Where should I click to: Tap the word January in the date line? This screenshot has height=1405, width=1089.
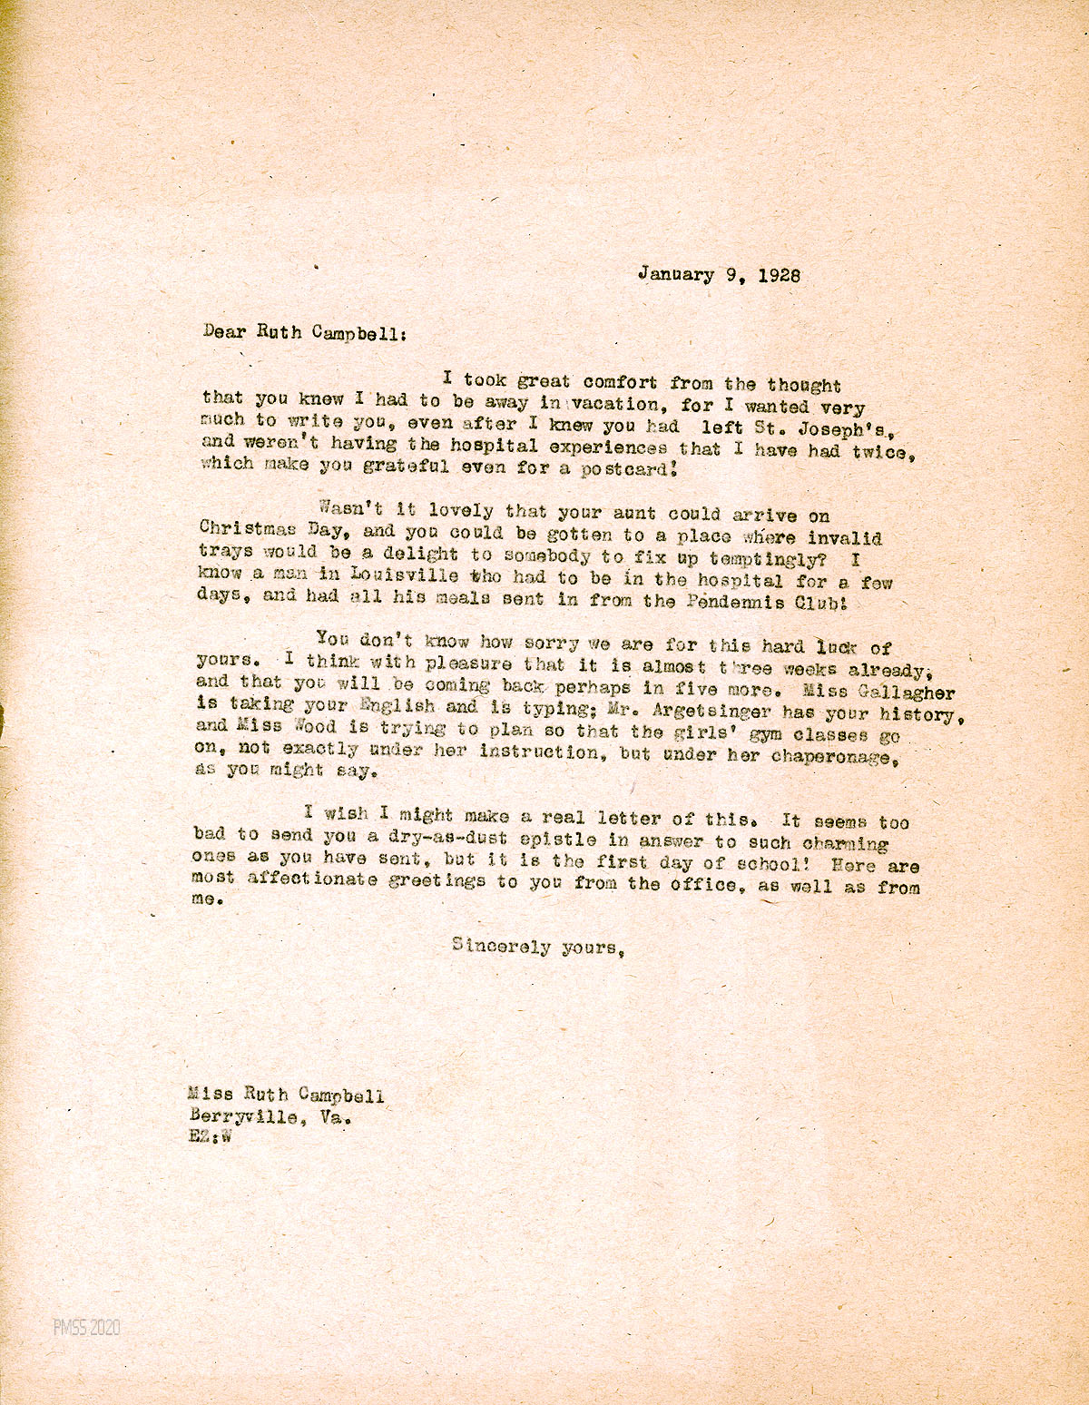(x=675, y=273)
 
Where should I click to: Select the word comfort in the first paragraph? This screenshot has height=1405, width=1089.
(x=621, y=382)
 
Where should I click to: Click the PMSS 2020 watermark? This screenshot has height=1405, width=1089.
(x=86, y=1328)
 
